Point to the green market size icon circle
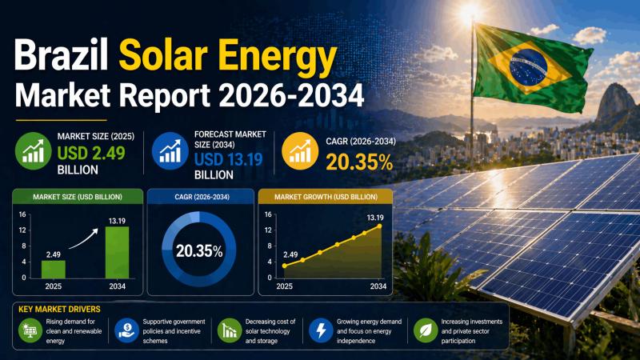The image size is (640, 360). point(34,150)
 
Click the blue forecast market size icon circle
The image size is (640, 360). point(170,150)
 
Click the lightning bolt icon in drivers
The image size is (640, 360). point(321,330)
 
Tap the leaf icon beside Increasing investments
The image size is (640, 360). point(423,330)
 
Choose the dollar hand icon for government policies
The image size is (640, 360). point(126,330)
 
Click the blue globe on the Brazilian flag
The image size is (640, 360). point(529,57)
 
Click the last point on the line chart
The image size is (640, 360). point(379,226)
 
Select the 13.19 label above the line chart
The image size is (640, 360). point(376,217)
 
